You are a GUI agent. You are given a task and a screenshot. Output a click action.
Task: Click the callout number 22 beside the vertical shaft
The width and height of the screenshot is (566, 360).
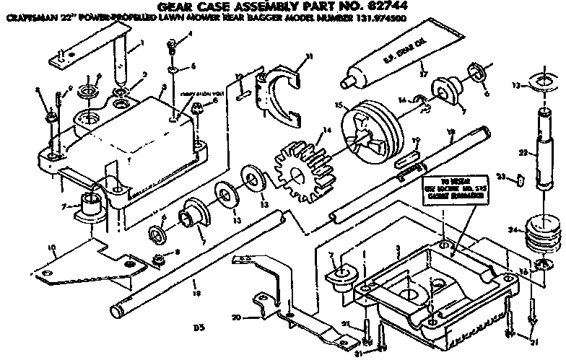[x=524, y=152]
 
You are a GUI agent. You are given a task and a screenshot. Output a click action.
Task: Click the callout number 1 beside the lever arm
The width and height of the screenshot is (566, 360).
[x=141, y=43]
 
